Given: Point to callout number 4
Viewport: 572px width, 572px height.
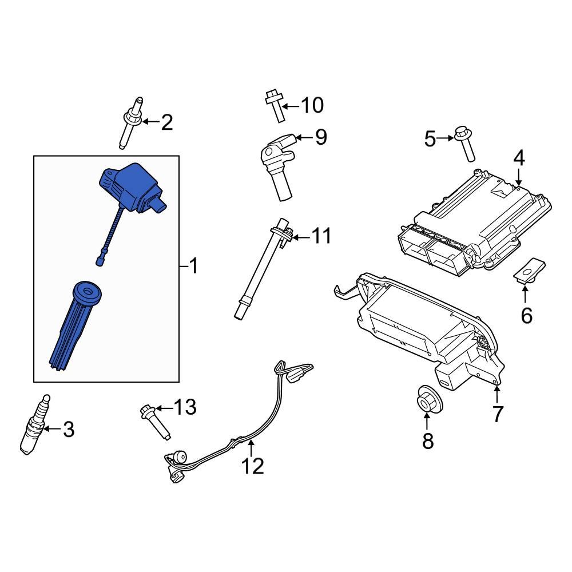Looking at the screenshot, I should tap(518, 158).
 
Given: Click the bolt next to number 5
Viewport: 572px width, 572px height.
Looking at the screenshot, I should tap(464, 144).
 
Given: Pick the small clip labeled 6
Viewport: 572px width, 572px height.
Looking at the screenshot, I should tap(529, 270).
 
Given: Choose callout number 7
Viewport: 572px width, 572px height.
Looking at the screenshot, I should tap(498, 414).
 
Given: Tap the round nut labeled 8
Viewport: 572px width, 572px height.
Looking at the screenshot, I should tap(427, 398).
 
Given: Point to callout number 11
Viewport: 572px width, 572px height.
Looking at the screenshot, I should tap(321, 236).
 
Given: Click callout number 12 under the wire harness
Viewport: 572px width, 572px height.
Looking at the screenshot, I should tap(252, 466).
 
